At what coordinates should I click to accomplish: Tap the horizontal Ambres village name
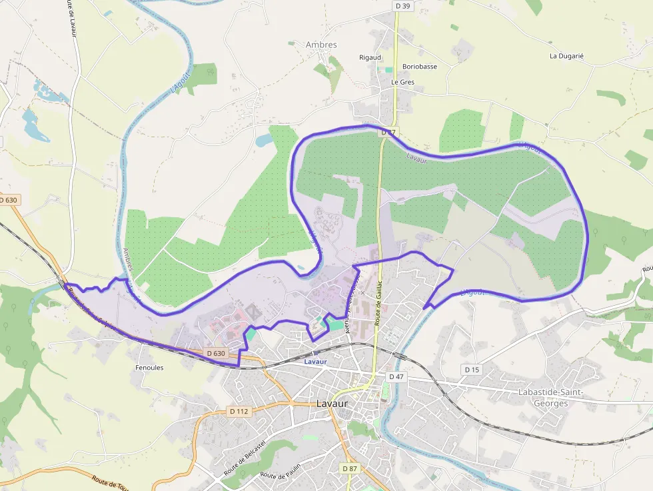[x=321, y=45]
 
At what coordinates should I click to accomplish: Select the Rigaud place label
[x=370, y=58]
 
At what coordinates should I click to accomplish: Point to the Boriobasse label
[x=420, y=67]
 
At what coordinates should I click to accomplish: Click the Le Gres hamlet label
[x=402, y=82]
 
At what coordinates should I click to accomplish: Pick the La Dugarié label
[x=566, y=57]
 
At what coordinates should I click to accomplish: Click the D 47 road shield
[x=396, y=377]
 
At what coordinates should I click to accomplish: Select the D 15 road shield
[x=472, y=369]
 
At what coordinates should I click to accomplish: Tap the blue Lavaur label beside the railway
[x=315, y=361]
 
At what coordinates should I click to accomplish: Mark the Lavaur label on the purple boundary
[x=416, y=157]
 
